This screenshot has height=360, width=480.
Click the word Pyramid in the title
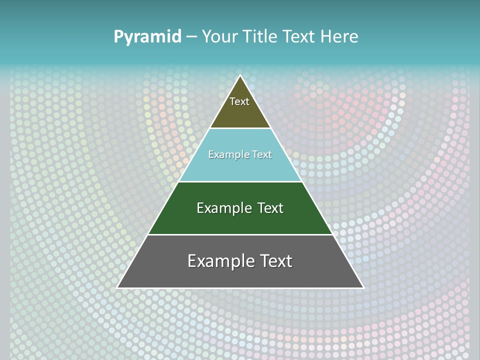[x=147, y=37]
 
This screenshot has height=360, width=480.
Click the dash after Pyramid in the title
[x=191, y=37]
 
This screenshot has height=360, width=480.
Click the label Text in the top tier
[x=239, y=101]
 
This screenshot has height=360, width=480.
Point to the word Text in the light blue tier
[x=262, y=154]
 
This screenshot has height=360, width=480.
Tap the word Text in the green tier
[x=270, y=208]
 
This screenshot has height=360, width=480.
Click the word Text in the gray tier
[x=276, y=261]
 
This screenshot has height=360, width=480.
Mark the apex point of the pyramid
[x=240, y=76]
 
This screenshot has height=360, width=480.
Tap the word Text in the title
[x=299, y=36]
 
